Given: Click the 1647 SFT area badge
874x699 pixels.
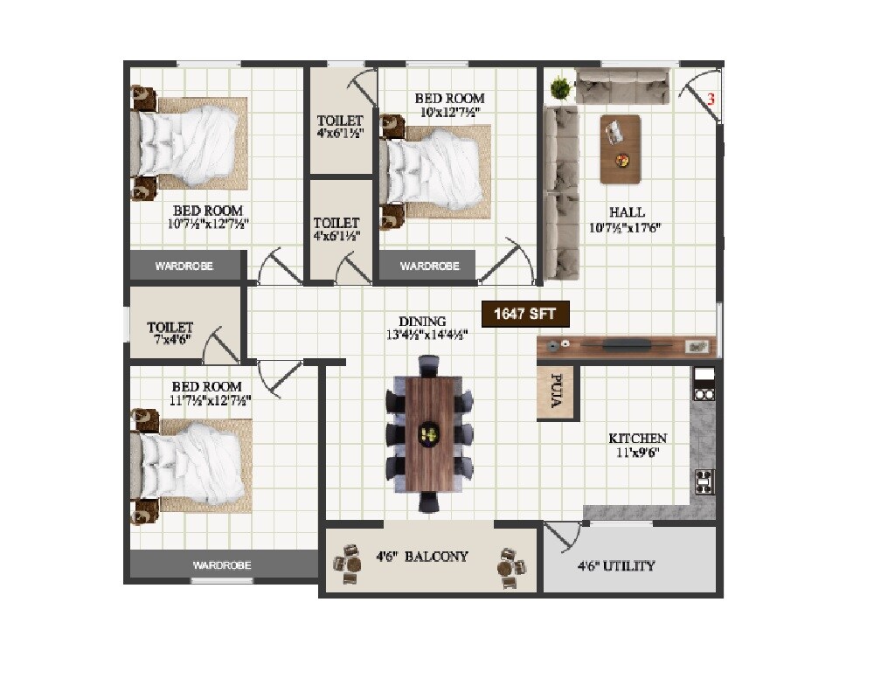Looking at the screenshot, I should click(x=526, y=315).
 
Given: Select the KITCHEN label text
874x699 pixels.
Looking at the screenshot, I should click(x=638, y=439).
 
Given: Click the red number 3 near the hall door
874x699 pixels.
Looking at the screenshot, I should click(x=711, y=100).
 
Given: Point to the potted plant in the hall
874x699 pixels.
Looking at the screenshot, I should click(x=559, y=87).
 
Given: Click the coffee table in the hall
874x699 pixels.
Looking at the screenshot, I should click(x=621, y=149).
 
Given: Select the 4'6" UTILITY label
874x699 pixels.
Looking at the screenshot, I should click(x=616, y=566).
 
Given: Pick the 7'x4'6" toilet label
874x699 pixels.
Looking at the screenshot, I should click(x=170, y=334).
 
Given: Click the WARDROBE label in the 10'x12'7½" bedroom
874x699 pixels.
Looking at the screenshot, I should click(x=429, y=266).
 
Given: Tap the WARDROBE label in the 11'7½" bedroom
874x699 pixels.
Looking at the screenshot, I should click(x=223, y=566).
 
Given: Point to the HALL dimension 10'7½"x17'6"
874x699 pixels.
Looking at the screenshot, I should click(x=626, y=228).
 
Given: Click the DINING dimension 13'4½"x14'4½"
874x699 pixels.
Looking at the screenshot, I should click(x=422, y=335).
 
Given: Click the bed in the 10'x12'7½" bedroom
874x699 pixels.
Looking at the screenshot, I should click(x=437, y=170).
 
